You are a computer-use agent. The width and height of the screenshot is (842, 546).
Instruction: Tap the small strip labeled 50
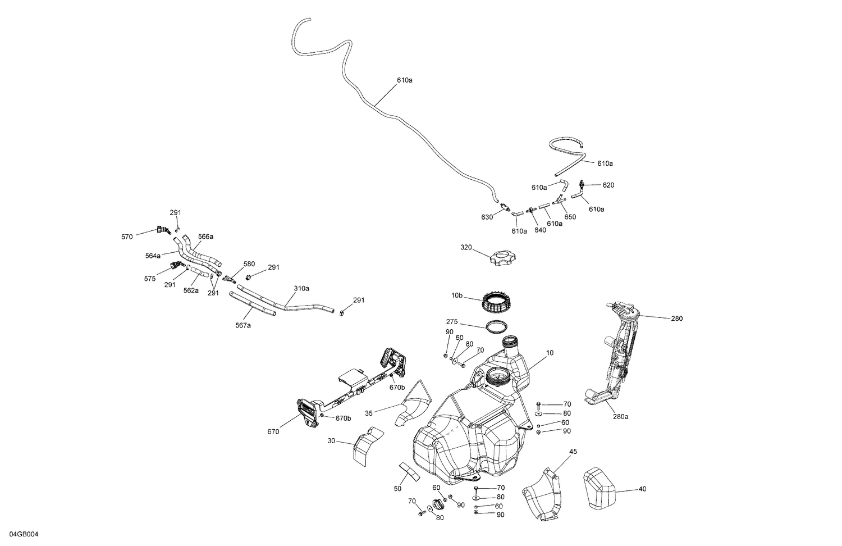click(409, 472)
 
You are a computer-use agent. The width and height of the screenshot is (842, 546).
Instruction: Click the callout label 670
click(273, 431)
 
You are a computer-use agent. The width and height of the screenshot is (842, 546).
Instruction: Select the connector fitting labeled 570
click(163, 229)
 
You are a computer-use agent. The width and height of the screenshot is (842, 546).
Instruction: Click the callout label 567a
click(242, 325)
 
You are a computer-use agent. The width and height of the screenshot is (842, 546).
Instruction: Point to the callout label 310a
click(301, 288)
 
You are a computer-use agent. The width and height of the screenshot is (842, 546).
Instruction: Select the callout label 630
click(487, 217)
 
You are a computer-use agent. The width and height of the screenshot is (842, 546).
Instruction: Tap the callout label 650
click(570, 217)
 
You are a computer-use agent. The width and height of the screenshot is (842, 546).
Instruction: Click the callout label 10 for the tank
click(549, 353)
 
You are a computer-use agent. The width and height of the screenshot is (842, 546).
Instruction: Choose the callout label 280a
click(620, 416)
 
